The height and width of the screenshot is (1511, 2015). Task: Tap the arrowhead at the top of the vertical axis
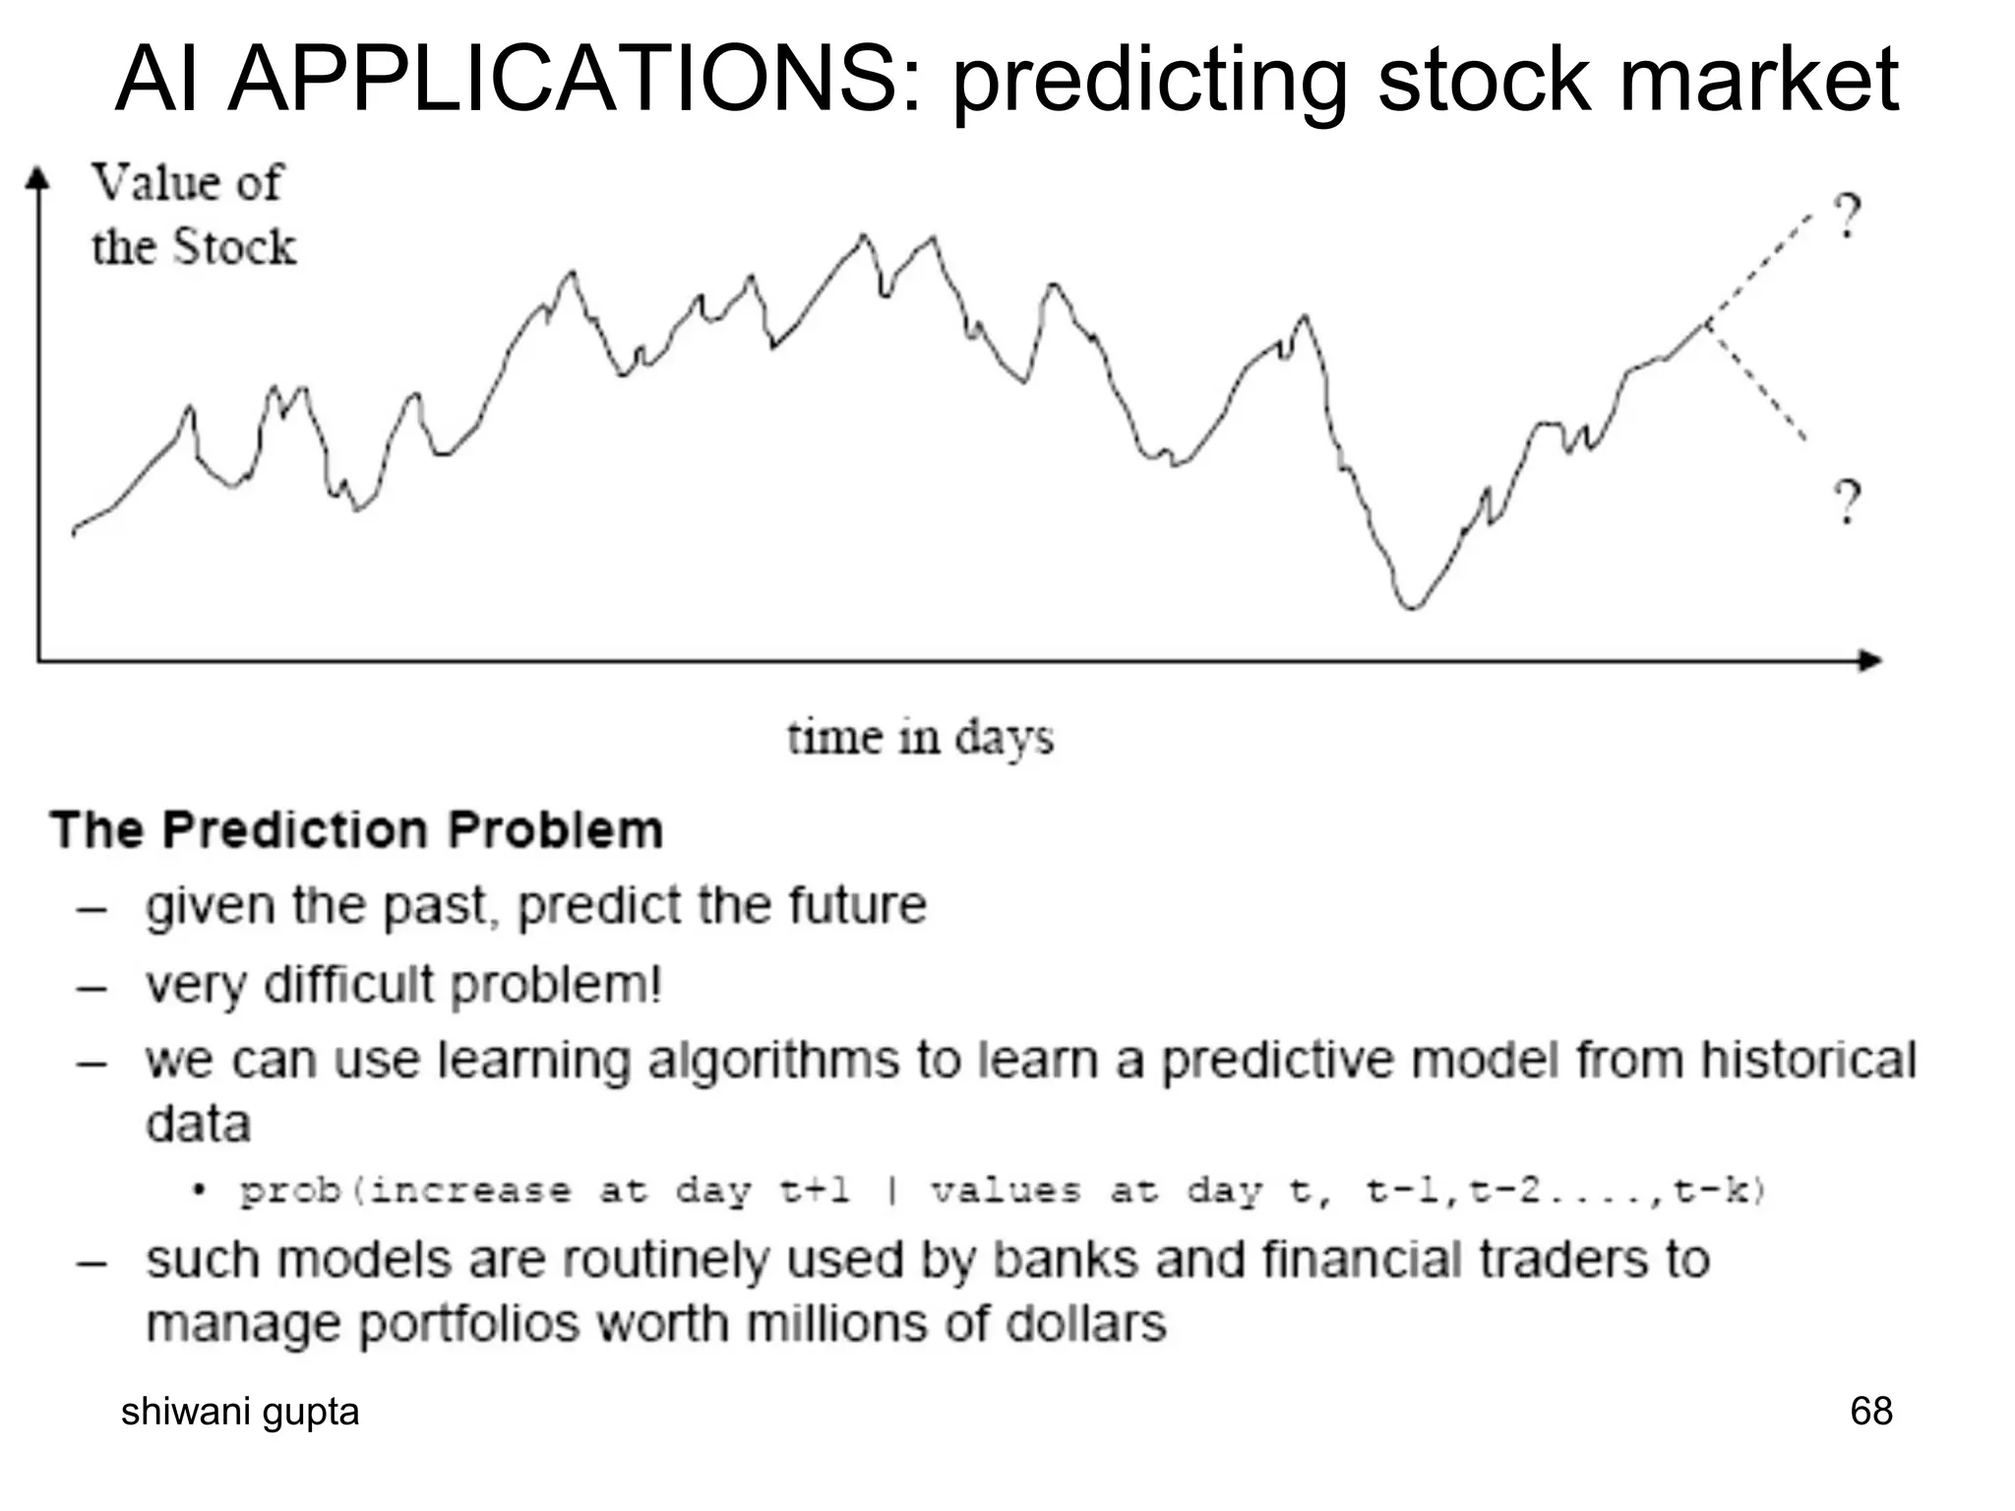tap(37, 178)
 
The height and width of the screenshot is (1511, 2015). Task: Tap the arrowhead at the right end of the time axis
tap(1869, 660)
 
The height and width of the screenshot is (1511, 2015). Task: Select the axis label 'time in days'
tap(920, 738)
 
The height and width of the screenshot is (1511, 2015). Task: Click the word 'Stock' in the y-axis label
tap(234, 247)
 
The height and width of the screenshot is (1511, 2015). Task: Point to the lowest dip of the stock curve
tap(1411, 607)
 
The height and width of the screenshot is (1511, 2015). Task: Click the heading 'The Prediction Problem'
tap(357, 829)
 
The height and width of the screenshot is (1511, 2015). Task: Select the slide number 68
tap(1870, 1411)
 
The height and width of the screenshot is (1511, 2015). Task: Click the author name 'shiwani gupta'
tap(240, 1412)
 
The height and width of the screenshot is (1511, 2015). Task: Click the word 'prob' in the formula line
tap(290, 1191)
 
